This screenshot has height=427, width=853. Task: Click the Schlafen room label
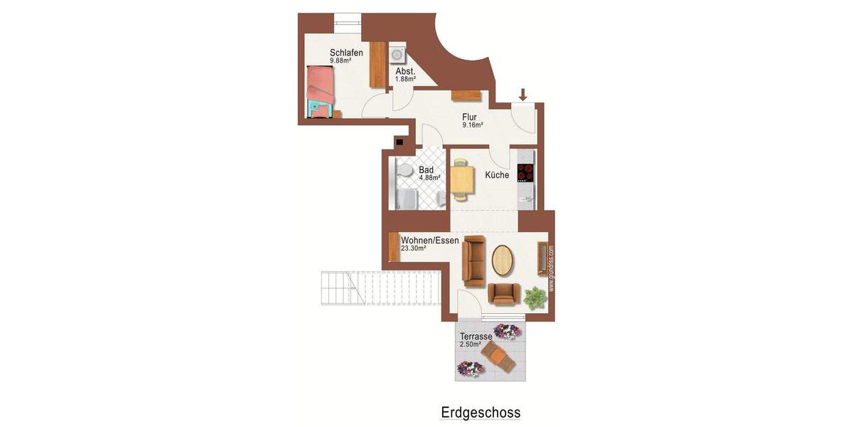click(x=347, y=53)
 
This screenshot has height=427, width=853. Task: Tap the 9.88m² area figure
click(x=340, y=61)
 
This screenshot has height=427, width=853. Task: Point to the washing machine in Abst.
click(x=397, y=56)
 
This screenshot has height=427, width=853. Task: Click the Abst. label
click(x=405, y=71)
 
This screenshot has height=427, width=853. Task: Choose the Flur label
click(x=469, y=117)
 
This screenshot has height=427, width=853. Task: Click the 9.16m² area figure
click(x=473, y=126)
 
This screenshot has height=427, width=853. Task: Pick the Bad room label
click(x=426, y=170)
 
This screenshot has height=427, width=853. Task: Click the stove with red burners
click(x=525, y=173)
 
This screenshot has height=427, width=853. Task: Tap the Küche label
click(x=497, y=175)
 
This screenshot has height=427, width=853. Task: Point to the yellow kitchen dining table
click(x=462, y=179)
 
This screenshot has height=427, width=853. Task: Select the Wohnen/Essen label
click(x=429, y=241)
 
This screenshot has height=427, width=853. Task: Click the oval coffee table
click(x=504, y=260)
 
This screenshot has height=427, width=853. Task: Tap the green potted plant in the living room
click(x=535, y=297)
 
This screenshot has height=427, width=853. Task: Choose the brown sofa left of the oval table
click(x=473, y=259)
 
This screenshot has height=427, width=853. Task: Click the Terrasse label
click(x=476, y=337)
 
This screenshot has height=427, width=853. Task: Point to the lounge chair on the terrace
click(x=498, y=357)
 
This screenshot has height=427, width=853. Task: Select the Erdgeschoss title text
click(x=481, y=413)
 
